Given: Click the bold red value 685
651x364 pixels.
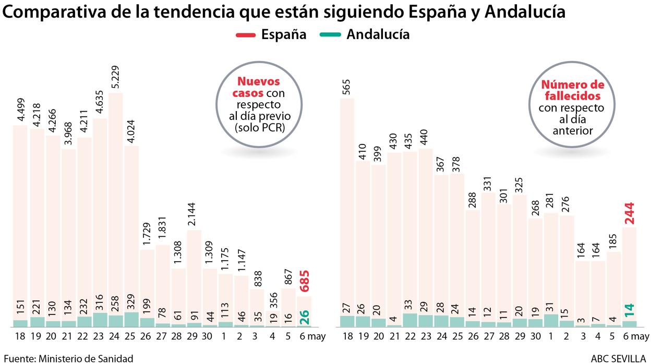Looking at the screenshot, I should (x=305, y=281).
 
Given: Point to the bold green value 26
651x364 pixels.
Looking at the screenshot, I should (x=305, y=317).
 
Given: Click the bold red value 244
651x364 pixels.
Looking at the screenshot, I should (x=629, y=213).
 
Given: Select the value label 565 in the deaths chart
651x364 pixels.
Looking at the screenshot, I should (x=347, y=88).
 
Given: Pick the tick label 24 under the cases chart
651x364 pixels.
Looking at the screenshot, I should (x=116, y=337).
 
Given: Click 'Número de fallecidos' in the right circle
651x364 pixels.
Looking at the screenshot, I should (x=572, y=91).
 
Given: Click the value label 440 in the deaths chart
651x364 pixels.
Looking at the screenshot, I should (x=426, y=137).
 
